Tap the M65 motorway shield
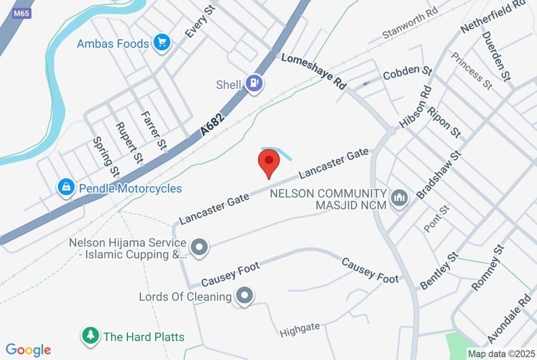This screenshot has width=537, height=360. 21,13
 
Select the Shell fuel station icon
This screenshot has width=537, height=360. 254,83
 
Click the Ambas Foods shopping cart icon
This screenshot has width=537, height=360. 162,43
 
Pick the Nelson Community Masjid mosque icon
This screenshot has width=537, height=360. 399,199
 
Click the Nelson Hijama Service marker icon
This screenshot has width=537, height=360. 199,248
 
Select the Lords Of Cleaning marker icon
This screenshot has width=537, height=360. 244,297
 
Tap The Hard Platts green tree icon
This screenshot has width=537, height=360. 91,336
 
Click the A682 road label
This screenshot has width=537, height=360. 213,125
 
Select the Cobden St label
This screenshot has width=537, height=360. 407,73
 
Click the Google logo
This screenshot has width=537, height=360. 28,350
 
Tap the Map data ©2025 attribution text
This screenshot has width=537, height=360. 501,354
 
